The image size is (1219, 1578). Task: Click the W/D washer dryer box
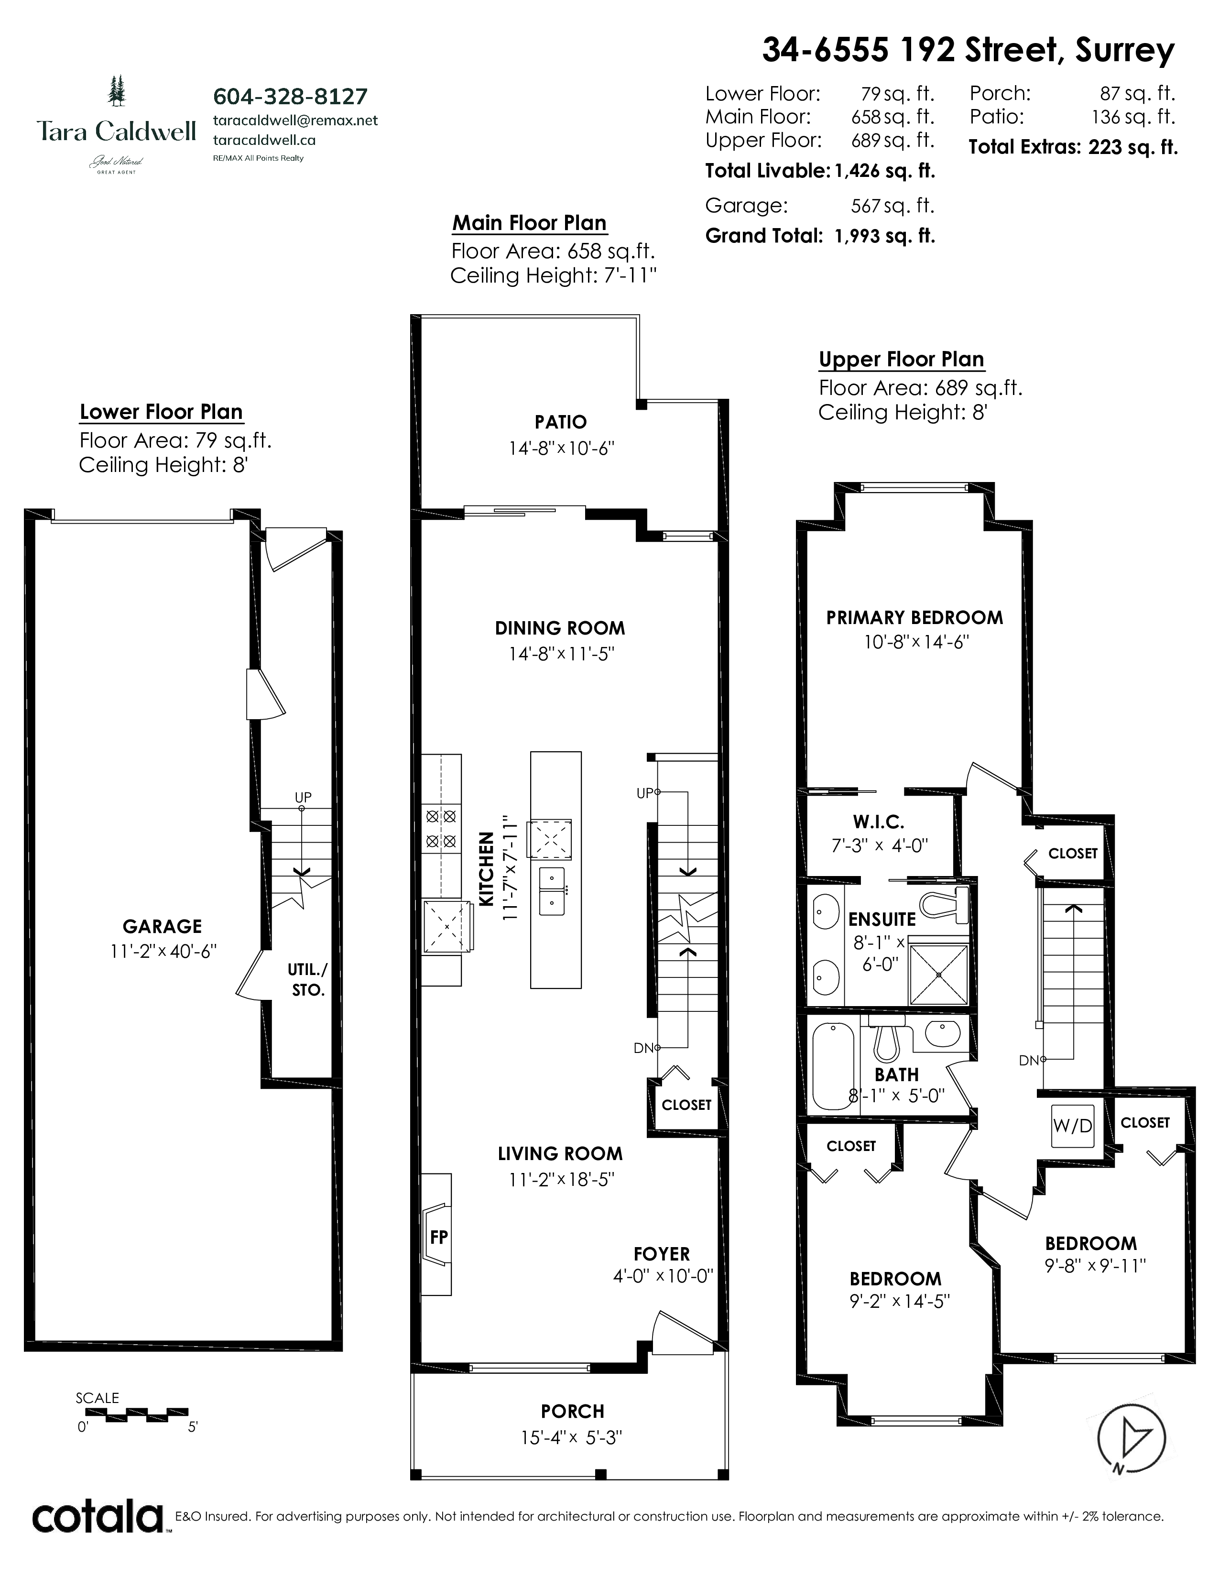[1072, 1126]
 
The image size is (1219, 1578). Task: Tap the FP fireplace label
[438, 1236]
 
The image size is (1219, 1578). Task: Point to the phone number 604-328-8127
[290, 96]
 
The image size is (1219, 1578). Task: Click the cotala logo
[98, 1517]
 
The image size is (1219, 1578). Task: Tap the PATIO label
[560, 422]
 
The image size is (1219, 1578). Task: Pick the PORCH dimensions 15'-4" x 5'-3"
[571, 1438]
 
